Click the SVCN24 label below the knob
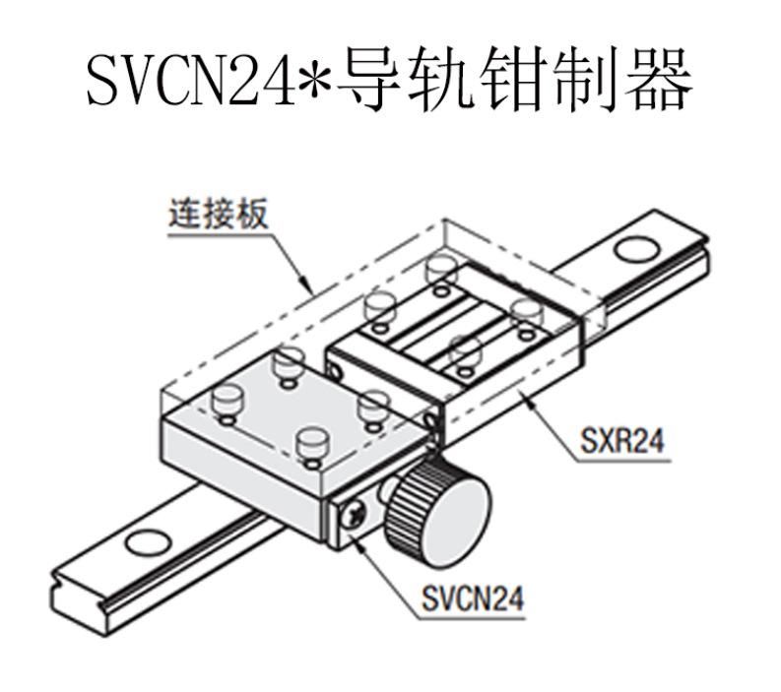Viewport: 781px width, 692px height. click(472, 598)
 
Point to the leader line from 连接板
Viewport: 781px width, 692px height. click(291, 261)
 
